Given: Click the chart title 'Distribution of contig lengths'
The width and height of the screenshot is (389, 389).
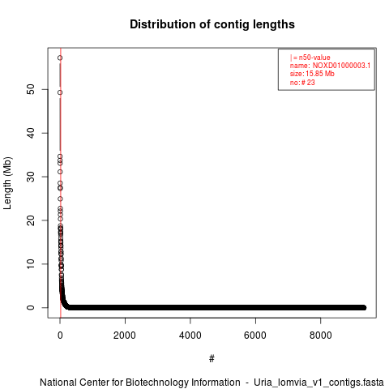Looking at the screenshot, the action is (x=212, y=24).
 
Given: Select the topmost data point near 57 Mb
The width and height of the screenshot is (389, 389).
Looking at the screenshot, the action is (x=60, y=58).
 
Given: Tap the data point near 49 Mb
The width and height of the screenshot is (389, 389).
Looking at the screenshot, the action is (x=60, y=92).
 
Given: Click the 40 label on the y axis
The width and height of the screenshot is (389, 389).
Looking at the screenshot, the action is (x=31, y=133).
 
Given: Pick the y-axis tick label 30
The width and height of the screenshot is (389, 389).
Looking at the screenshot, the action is (x=31, y=177).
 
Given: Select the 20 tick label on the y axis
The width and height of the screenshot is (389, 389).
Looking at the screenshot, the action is (x=31, y=220).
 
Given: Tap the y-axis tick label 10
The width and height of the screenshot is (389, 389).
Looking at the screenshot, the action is (x=31, y=264).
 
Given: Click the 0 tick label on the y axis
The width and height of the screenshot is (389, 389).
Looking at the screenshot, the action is (x=31, y=307).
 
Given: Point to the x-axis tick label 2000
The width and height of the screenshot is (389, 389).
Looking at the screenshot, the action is (x=125, y=336).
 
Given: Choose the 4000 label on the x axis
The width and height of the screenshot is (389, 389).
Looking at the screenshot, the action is (x=190, y=336).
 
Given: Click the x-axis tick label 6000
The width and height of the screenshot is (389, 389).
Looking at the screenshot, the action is (x=255, y=336).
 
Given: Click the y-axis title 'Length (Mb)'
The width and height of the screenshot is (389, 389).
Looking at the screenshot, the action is (x=7, y=183).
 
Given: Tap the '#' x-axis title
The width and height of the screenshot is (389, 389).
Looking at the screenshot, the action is (x=212, y=359).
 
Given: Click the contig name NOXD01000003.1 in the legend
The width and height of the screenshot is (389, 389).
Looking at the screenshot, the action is (x=341, y=66).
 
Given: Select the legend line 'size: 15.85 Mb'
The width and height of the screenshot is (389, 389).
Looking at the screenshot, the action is (x=312, y=74).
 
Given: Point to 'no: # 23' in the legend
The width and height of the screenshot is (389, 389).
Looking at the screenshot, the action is (x=302, y=83).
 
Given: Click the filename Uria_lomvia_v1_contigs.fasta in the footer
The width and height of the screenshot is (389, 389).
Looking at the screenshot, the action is (x=318, y=383).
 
